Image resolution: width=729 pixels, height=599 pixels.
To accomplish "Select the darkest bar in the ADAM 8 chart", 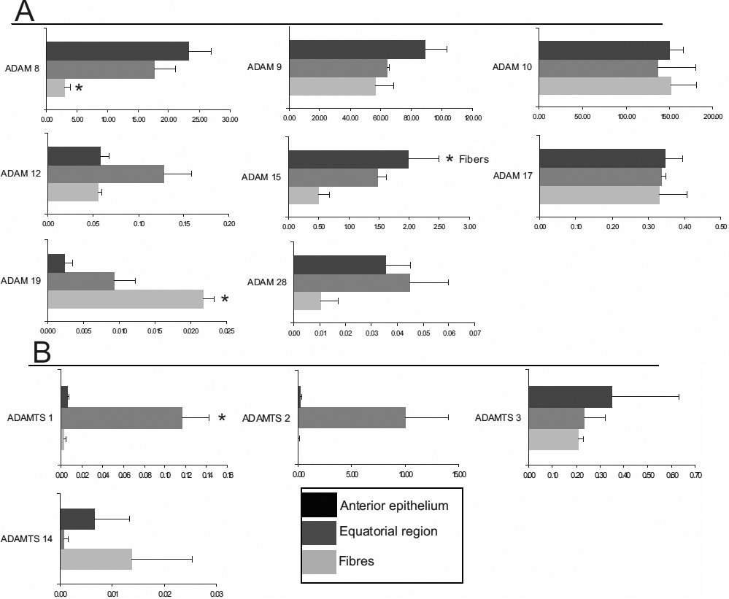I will [117, 51].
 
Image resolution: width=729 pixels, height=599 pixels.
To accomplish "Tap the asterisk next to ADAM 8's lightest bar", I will [79, 88].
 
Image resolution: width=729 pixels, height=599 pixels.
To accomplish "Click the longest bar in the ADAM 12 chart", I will [106, 174].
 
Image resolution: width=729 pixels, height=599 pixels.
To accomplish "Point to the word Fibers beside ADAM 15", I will [474, 158].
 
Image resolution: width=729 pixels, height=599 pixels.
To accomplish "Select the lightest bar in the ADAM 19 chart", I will [126, 298].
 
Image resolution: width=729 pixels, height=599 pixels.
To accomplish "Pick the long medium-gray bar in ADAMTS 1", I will [121, 418].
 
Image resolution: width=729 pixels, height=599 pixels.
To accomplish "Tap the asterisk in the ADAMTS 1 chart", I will [222, 418].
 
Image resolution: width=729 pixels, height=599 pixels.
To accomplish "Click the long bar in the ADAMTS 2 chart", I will [352, 418].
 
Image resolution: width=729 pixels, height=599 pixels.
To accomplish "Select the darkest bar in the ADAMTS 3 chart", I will [570, 397].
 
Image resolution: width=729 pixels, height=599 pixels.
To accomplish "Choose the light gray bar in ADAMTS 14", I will [96, 559].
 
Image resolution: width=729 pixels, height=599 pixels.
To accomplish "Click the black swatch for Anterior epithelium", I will [319, 505].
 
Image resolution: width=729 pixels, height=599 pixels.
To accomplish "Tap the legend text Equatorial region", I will [388, 531].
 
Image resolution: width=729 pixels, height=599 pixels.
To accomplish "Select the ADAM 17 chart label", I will [514, 175].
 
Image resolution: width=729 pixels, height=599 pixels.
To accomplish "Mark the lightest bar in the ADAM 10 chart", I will [605, 85].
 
